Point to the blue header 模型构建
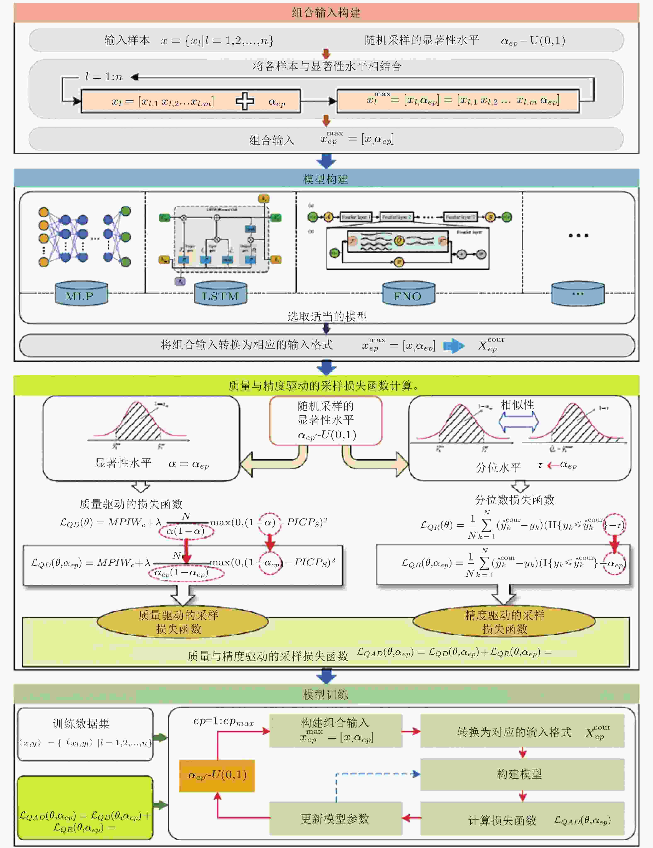pos(326,179)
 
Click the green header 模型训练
pos(326,694)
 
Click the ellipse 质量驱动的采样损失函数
pos(182,622)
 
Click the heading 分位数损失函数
pos(514,500)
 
